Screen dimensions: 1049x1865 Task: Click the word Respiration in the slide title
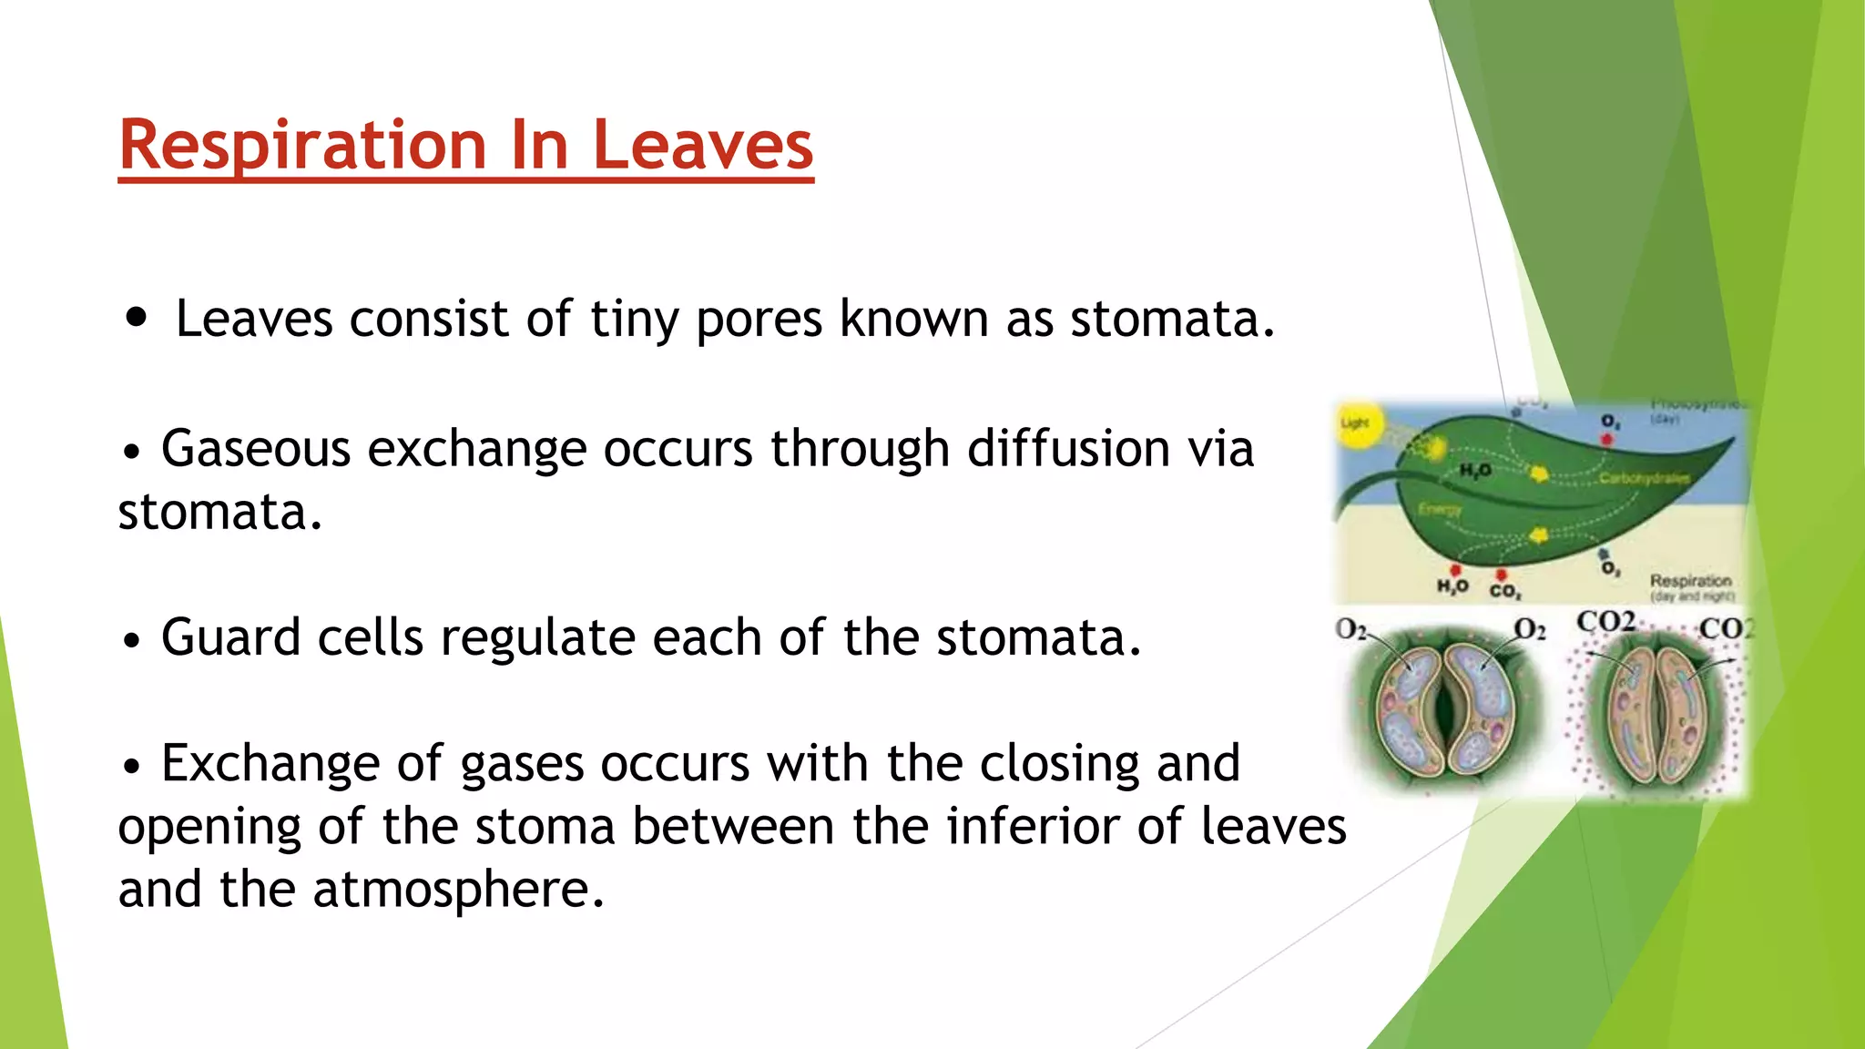pyautogui.click(x=302, y=146)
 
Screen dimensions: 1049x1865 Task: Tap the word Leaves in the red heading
pyautogui.click(x=702, y=146)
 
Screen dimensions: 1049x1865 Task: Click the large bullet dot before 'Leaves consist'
pyautogui.click(x=137, y=318)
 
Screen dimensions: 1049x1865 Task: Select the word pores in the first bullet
pyautogui.click(x=759, y=320)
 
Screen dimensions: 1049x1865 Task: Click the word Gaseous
pyautogui.click(x=255, y=449)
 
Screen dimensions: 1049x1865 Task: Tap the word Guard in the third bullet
pyautogui.click(x=229, y=637)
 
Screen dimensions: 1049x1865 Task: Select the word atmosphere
pyautogui.click(x=458, y=890)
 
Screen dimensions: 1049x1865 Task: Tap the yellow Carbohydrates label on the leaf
pyautogui.click(x=1644, y=478)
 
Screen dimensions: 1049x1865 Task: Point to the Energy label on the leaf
pyautogui.click(x=1440, y=510)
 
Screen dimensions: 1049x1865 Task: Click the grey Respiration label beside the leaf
pyautogui.click(x=1690, y=580)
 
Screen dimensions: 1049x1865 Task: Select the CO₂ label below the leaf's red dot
pyautogui.click(x=1504, y=592)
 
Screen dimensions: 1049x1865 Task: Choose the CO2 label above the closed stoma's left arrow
pyautogui.click(x=1605, y=622)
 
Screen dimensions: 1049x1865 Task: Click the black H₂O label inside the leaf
pyautogui.click(x=1475, y=470)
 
